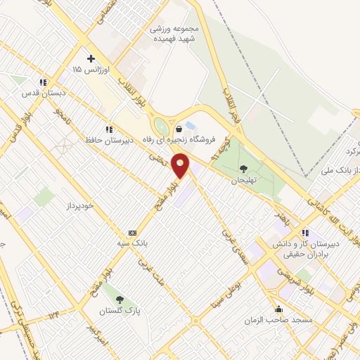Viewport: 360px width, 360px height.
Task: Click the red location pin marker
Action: pyautogui.click(x=181, y=166)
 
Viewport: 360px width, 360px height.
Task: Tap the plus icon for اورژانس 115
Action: pyautogui.click(x=90, y=59)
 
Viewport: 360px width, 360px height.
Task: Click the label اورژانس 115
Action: pyautogui.click(x=88, y=70)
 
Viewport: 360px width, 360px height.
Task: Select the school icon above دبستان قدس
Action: pyautogui.click(x=43, y=82)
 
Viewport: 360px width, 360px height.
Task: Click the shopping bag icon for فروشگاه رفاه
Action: pyautogui.click(x=179, y=129)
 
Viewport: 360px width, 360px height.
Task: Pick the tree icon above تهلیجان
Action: pyautogui.click(x=243, y=168)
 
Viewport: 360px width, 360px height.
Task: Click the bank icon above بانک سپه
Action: pyautogui.click(x=131, y=233)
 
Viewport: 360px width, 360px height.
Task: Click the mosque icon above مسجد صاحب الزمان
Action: pyautogui.click(x=279, y=309)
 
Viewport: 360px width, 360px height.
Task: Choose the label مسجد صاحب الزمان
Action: pyautogui.click(x=268, y=320)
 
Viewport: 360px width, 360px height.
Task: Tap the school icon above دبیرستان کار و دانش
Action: pyautogui.click(x=304, y=233)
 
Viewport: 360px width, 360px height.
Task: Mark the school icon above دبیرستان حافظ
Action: pyautogui.click(x=108, y=129)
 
